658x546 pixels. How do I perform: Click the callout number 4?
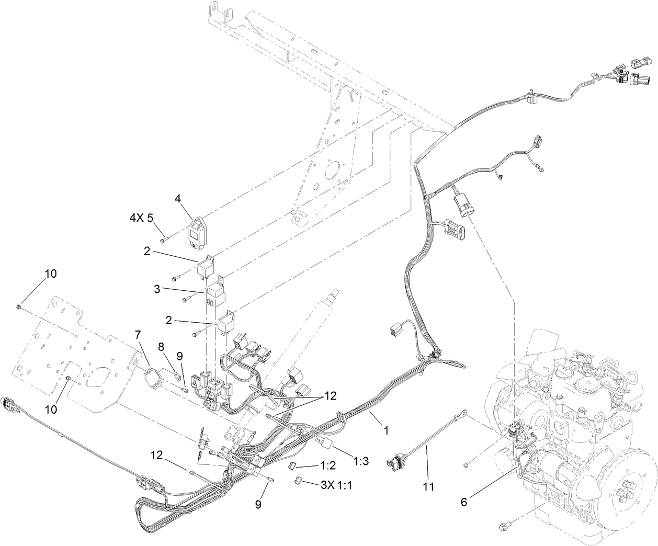click(177, 199)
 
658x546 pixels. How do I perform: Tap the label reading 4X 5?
click(141, 218)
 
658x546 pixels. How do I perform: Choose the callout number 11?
click(428, 487)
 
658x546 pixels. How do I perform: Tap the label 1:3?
click(361, 461)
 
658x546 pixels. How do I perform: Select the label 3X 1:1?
click(336, 485)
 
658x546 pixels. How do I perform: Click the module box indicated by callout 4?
click(199, 232)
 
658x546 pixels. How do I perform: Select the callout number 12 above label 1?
click(330, 396)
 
